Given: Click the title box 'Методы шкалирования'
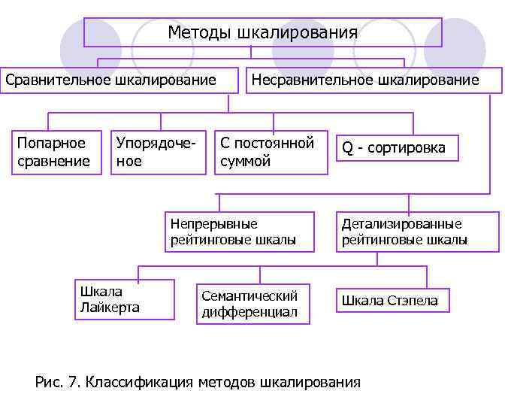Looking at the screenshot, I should point(262,32).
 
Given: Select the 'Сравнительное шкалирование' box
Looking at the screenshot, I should point(110,80).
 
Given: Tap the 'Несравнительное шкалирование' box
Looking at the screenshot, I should point(373,80).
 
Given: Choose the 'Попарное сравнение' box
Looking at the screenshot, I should point(56,153).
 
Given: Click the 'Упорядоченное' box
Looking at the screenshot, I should point(159,153).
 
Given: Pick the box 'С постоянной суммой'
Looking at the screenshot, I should point(271,153).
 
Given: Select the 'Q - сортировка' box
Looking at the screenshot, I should point(396,148).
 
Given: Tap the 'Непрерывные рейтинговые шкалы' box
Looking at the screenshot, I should point(239,232).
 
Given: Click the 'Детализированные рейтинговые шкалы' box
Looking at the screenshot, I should point(417,232).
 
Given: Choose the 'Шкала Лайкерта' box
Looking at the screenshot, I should point(124,299).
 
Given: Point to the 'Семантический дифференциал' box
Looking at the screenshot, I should point(252,304).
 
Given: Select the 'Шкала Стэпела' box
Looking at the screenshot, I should point(392,301).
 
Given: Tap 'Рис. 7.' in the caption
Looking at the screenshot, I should point(57,382).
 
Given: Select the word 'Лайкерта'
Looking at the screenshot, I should point(109,307).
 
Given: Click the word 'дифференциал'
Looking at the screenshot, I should point(249,312).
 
